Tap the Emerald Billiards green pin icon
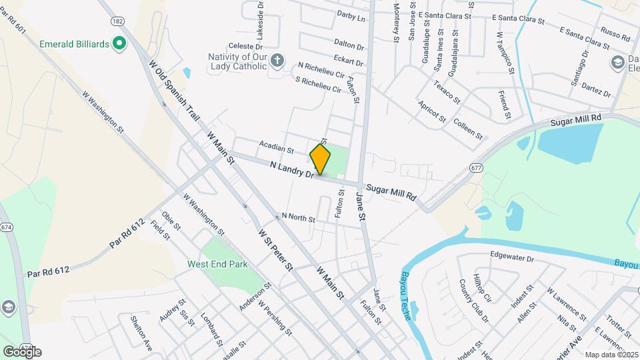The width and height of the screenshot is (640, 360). [x=119, y=44]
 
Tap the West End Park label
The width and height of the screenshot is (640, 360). [x=217, y=265]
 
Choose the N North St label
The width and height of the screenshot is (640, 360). [x=298, y=217]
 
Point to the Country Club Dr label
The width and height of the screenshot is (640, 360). [x=474, y=300]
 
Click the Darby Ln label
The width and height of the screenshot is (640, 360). [x=351, y=16]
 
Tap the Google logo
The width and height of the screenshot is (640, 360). [x=22, y=351]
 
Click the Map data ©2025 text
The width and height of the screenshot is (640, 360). [x=611, y=355]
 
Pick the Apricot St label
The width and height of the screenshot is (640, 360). [x=431, y=111]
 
